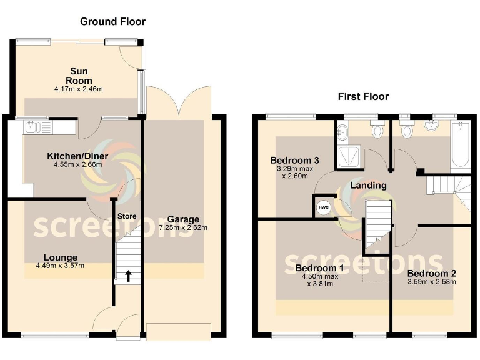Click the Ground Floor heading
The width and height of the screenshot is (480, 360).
click(x=112, y=22)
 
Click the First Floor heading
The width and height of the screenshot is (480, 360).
click(x=363, y=96)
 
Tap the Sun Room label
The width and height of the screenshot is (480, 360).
click(x=79, y=76)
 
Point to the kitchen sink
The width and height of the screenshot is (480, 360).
click(x=29, y=127)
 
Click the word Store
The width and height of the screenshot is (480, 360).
click(x=127, y=216)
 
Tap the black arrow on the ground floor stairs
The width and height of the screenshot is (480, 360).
click(x=129, y=274)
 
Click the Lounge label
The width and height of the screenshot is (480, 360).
click(x=61, y=257)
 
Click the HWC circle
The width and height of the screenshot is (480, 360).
click(x=323, y=208)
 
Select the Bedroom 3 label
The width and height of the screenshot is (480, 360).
click(x=295, y=161)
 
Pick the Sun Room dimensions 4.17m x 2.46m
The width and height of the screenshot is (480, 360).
click(x=79, y=89)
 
